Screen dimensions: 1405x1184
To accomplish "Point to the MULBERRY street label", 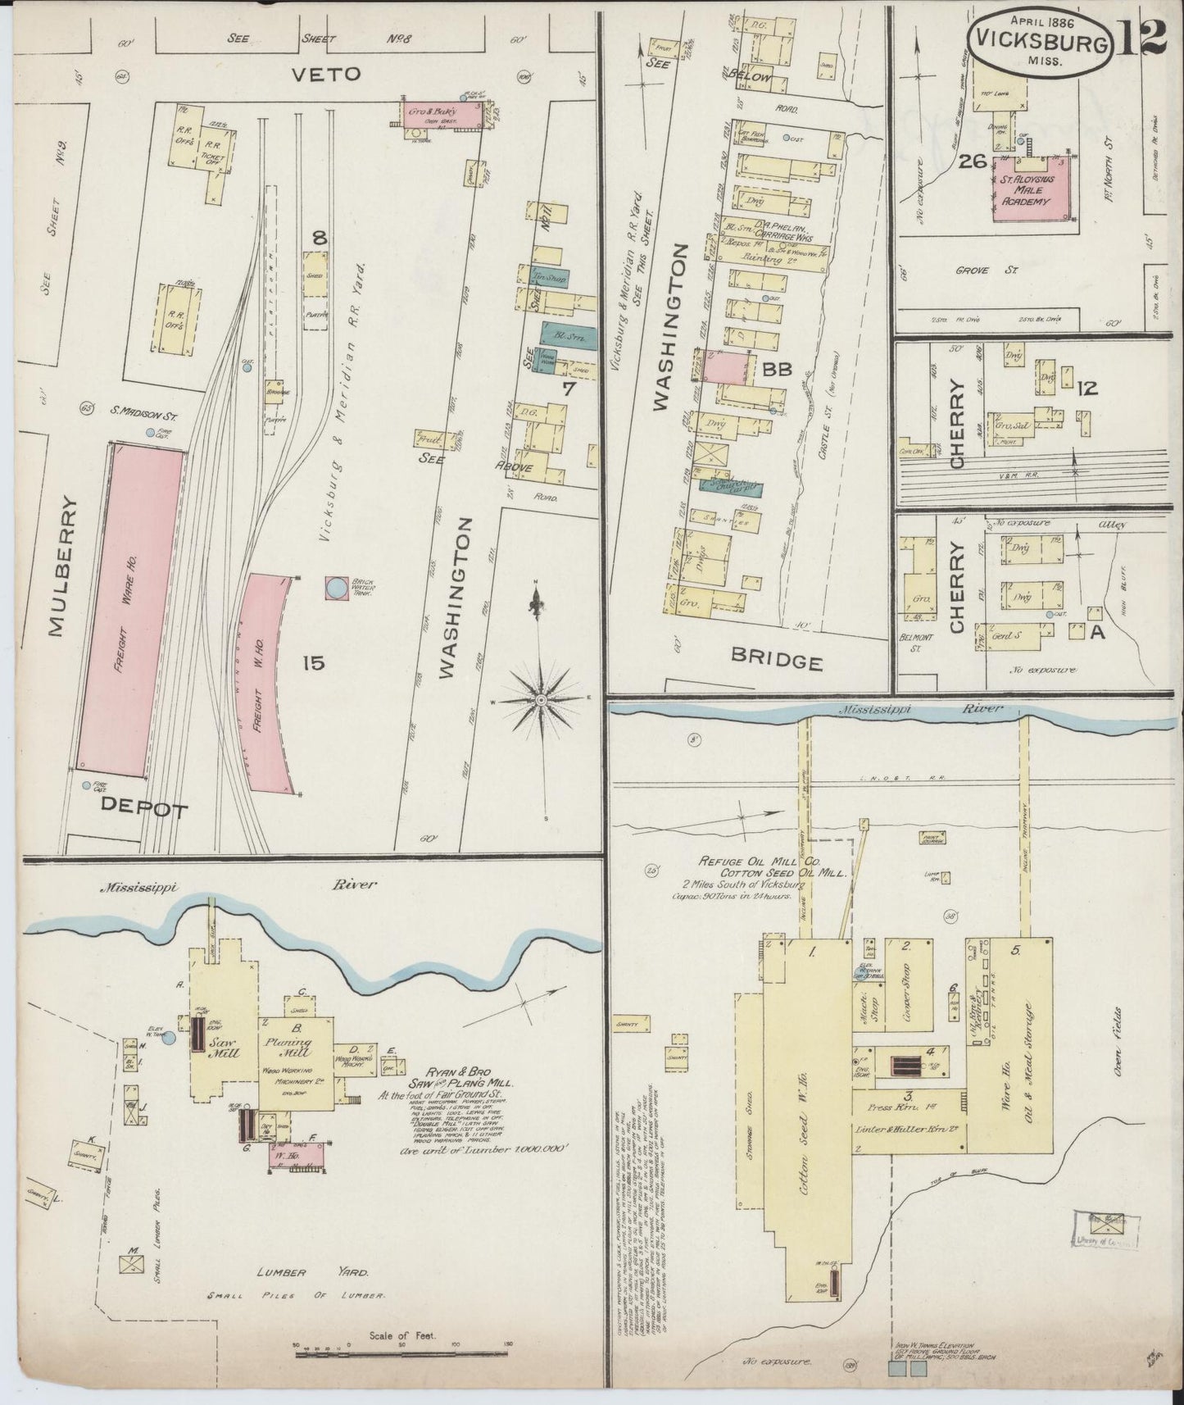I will pyautogui.click(x=54, y=566).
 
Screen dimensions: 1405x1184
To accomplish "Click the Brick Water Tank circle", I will pyautogui.click(x=336, y=587).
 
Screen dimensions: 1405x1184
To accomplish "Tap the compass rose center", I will pyautogui.click(x=540, y=701).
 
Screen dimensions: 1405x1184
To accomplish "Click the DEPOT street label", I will pyautogui.click(x=144, y=809).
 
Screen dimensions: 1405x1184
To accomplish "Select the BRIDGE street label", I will pyautogui.click(x=776, y=662).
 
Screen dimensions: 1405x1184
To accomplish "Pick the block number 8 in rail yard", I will pyautogui.click(x=320, y=239).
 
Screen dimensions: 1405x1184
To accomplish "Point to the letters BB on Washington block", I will pyautogui.click(x=776, y=370).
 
